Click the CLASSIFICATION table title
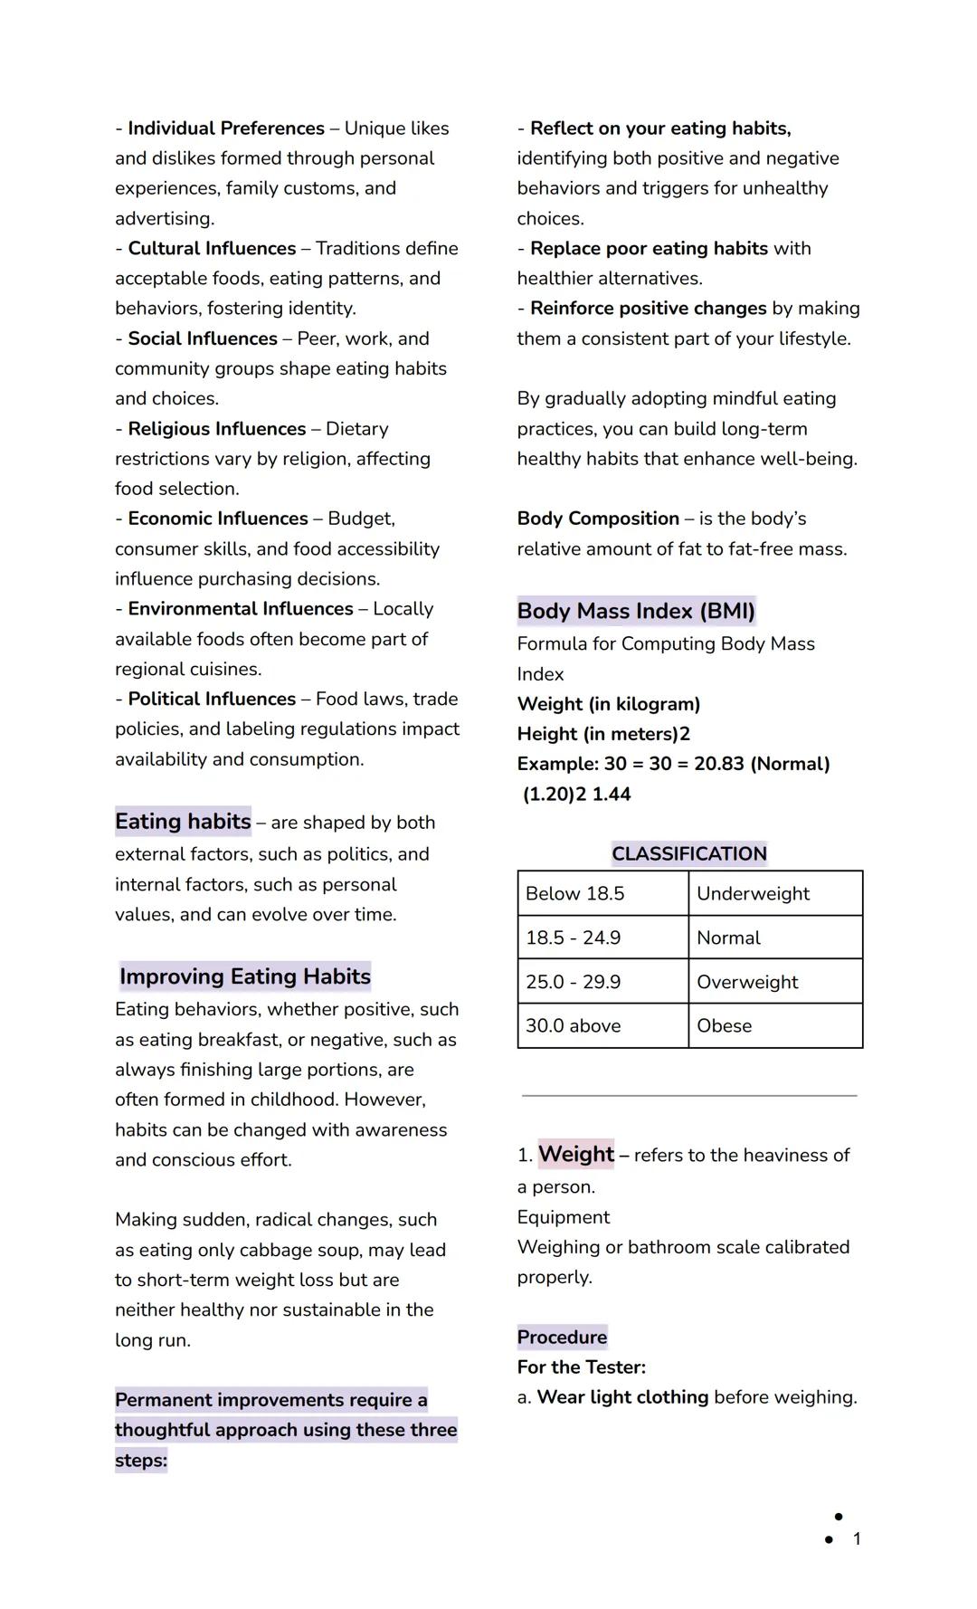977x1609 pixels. pos(689,853)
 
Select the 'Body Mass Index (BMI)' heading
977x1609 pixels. pos(635,612)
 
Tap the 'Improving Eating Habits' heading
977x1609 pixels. pos(245,976)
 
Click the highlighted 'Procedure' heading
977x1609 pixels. pos(562,1338)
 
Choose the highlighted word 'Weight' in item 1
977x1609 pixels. pos(576,1155)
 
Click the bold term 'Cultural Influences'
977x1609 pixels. pos(212,249)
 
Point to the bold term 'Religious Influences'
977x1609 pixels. pos(217,429)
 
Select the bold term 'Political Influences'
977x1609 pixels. pos(212,700)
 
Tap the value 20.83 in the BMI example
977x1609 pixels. pos(718,764)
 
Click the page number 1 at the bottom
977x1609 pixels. pos(857,1538)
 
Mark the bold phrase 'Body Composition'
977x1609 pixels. pos(598,519)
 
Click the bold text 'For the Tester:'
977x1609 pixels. pos(582,1367)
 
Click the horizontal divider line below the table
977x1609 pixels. pos(689,1096)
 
